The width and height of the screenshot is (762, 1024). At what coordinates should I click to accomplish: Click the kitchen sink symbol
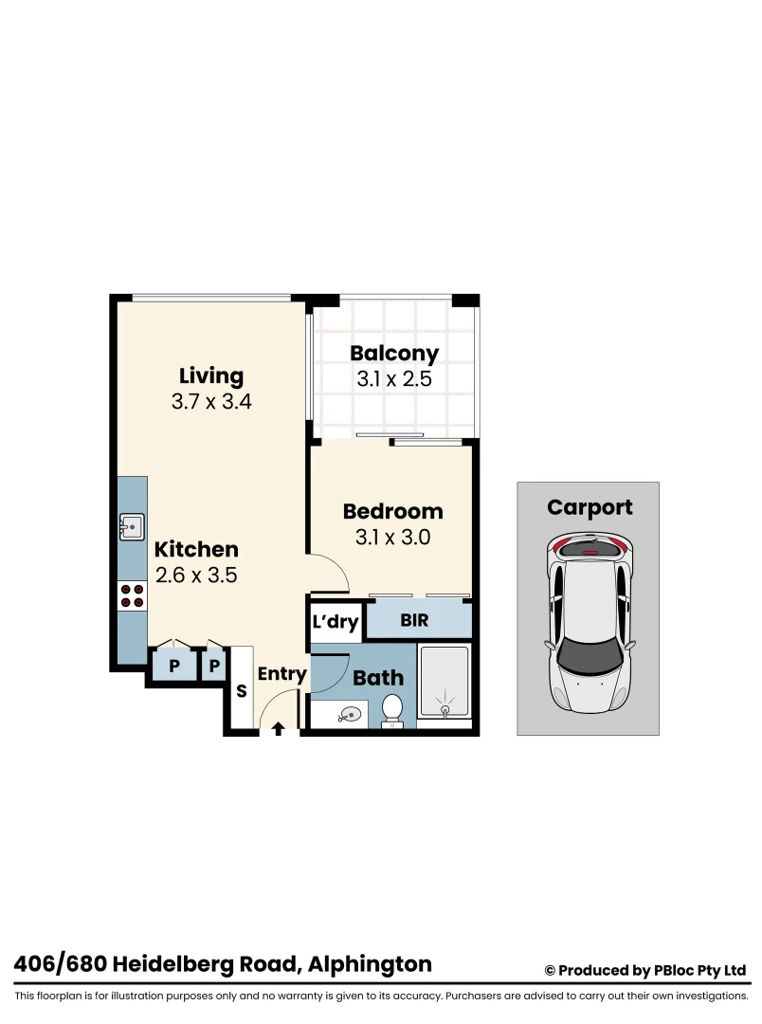(131, 525)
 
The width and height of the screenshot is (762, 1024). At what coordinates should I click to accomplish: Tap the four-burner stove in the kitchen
(132, 595)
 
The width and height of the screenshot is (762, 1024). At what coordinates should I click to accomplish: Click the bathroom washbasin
(350, 714)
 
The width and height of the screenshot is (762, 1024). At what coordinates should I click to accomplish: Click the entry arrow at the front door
(278, 728)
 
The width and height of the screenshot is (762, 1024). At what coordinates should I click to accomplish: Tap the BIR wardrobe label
(414, 622)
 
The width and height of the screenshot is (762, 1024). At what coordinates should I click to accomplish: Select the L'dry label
(336, 623)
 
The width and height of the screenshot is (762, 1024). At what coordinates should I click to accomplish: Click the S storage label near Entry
(242, 691)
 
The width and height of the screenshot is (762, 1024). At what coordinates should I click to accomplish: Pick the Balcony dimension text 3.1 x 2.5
(394, 380)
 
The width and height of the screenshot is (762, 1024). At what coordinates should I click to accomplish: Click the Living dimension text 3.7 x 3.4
(211, 401)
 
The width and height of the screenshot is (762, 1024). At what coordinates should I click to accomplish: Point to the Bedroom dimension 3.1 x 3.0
(392, 538)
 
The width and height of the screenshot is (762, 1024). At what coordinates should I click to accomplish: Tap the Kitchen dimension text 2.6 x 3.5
(196, 575)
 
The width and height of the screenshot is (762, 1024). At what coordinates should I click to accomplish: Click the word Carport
(589, 507)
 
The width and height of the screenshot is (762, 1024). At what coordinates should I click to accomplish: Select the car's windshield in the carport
(589, 654)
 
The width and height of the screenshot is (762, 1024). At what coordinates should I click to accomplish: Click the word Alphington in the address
(372, 965)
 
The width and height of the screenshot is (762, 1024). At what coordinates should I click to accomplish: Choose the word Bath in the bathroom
(378, 678)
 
